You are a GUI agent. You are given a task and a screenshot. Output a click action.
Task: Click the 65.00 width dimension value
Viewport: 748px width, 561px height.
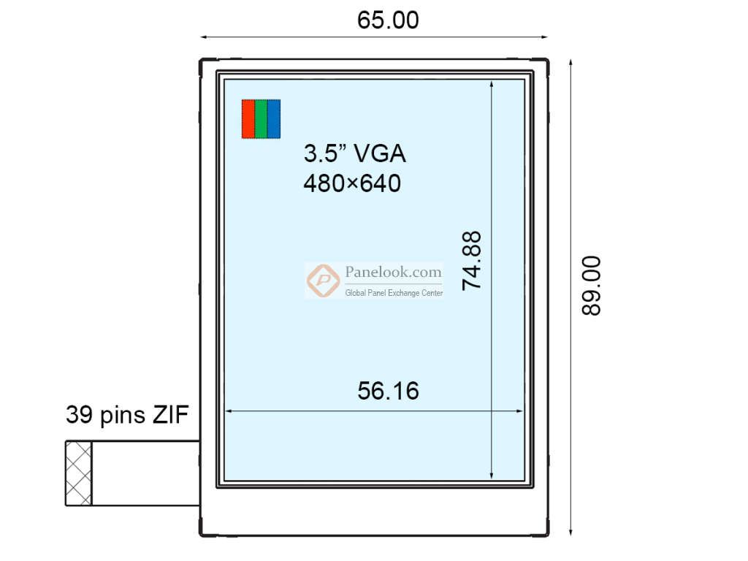(388, 20)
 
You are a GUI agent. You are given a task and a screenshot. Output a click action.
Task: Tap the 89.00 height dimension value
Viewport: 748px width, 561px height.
(591, 285)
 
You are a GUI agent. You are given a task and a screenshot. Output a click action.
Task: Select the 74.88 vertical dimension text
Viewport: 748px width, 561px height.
(473, 261)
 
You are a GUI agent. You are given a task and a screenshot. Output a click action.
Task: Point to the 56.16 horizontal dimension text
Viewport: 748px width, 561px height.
(388, 391)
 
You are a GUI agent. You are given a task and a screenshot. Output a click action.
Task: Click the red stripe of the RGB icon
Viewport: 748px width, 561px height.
(248, 118)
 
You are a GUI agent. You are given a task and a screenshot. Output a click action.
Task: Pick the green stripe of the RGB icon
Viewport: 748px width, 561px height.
(261, 118)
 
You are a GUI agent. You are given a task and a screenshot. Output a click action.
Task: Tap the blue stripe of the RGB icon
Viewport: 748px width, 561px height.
(274, 118)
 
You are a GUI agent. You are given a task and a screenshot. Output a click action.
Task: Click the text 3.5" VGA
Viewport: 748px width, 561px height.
(354, 153)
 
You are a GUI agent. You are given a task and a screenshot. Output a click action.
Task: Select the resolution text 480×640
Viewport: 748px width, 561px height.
(352, 183)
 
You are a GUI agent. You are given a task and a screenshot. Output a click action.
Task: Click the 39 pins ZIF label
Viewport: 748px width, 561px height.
(127, 415)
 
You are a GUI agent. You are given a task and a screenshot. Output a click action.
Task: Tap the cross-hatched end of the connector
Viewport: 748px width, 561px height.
(79, 473)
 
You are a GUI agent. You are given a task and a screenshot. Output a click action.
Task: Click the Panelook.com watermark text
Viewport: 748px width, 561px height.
(393, 272)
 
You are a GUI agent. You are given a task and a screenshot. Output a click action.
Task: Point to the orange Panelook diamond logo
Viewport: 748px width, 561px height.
(321, 280)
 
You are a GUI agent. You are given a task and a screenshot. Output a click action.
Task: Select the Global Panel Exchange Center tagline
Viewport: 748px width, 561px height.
(394, 293)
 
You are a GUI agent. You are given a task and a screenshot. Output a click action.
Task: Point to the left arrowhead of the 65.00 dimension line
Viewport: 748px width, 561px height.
(204, 37)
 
